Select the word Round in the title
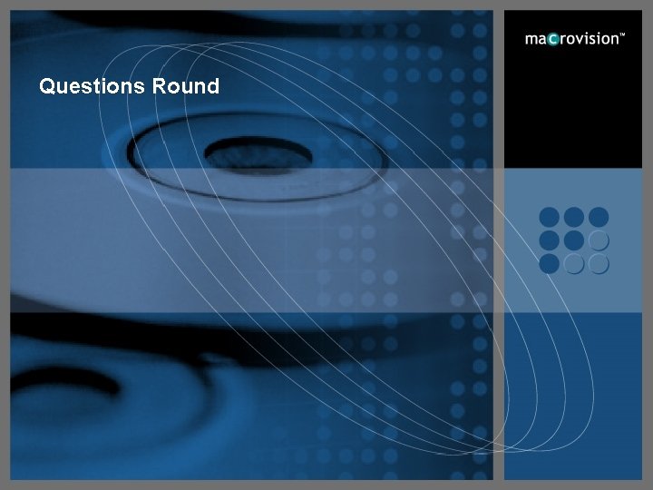pos(185,86)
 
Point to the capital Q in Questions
pos(47,86)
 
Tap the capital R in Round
pos(158,86)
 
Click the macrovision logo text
pos(574,39)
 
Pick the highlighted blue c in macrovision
pos(552,40)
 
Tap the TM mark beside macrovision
pos(622,35)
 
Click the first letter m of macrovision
pos(531,40)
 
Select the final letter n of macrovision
pos(612,40)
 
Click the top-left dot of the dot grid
pos(550,218)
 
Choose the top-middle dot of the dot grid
pos(574,218)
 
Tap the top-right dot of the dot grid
pos(598,218)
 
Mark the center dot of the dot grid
pos(574,240)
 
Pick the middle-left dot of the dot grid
pos(550,240)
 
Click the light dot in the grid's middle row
pos(598,240)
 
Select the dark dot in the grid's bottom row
pos(550,264)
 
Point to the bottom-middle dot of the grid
pos(574,264)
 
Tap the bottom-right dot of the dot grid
pos(598,264)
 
